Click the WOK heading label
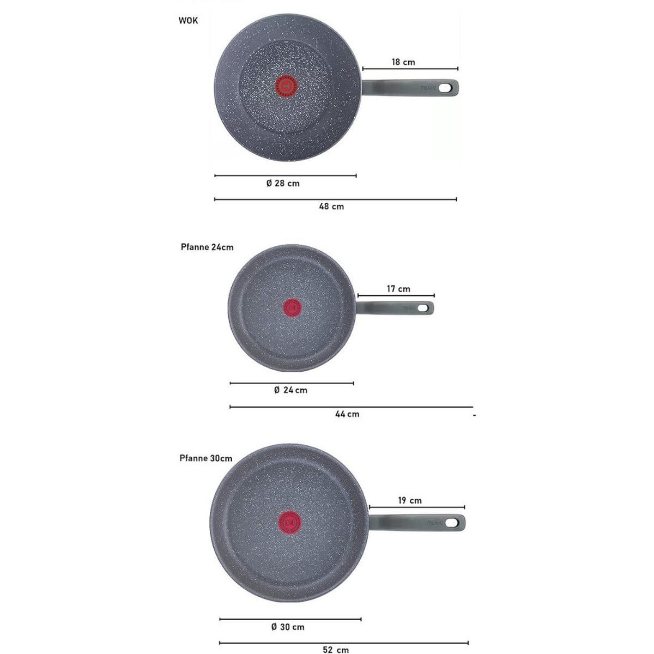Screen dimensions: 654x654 point(188,21)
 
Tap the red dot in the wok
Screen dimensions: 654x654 point(287,86)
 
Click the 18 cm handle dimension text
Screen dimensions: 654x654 point(403,62)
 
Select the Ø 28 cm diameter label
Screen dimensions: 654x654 point(283,183)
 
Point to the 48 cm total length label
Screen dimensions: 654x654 point(331,207)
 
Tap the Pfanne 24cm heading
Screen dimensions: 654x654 point(207,247)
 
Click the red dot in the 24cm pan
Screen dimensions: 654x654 point(292,308)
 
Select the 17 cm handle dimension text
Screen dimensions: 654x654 point(398,289)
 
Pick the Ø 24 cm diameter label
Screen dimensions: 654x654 point(290,390)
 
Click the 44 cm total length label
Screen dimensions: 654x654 point(347,414)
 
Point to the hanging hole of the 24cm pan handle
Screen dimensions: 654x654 point(424,308)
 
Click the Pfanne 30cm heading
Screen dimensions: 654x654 point(206,458)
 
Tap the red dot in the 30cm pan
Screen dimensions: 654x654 point(289,522)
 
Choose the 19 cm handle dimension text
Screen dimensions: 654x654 point(410,500)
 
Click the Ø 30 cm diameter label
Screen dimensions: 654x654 point(288,627)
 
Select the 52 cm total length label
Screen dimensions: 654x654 point(336,650)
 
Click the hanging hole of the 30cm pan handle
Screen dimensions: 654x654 point(452,523)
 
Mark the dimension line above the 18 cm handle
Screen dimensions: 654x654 point(410,69)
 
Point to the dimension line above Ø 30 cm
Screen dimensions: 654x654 point(290,619)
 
